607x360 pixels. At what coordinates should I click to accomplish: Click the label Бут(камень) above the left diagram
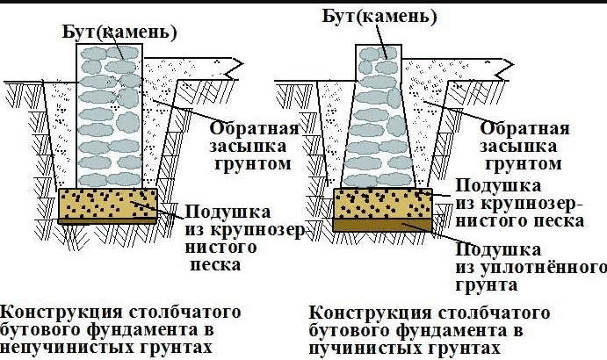point(119,32)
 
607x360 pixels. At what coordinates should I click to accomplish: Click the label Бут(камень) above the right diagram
point(379,17)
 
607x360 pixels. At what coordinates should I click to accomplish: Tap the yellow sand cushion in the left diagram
point(108,204)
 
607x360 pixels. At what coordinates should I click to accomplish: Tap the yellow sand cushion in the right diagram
point(382,204)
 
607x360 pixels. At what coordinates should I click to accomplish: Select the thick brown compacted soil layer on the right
point(382,225)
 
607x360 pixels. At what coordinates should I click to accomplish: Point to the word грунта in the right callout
point(487,285)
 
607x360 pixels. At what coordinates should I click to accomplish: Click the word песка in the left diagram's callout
point(215,265)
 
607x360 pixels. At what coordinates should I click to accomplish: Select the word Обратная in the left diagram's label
point(255,128)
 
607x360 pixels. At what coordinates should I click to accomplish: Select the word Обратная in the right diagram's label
point(525,128)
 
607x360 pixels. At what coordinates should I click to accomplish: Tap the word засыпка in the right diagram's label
point(519,147)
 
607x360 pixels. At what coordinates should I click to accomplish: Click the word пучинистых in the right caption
point(368,348)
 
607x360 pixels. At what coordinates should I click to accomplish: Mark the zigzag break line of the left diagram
point(237,68)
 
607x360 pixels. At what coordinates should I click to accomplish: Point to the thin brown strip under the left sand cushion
point(108,221)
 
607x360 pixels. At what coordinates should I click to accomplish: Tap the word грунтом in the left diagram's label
point(252,164)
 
